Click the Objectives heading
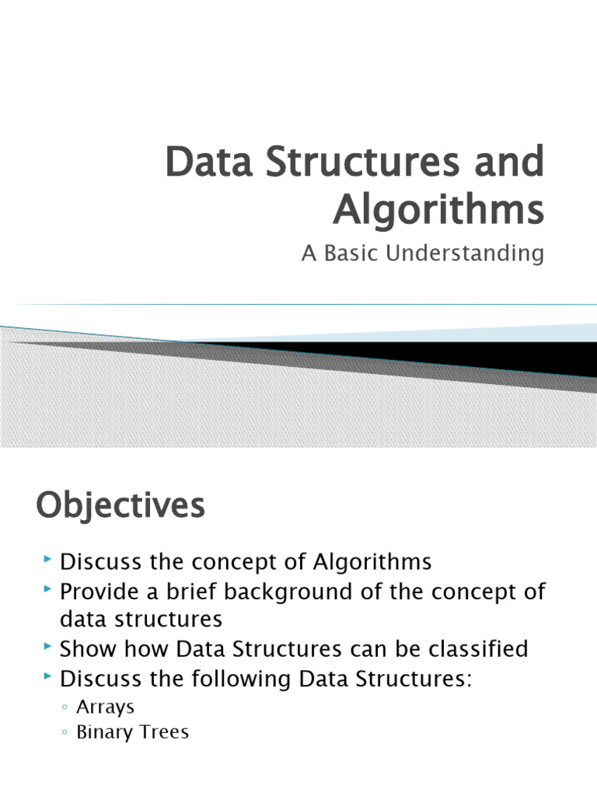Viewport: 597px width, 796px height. [120, 507]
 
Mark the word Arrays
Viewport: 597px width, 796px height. [105, 707]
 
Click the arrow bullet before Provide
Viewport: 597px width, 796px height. [49, 589]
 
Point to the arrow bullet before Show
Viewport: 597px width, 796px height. [49, 648]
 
